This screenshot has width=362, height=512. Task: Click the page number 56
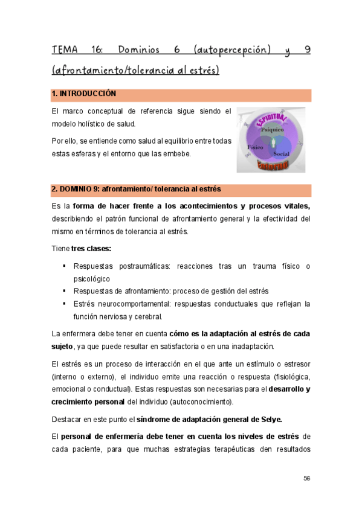[x=306, y=478]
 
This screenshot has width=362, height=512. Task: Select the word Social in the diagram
[x=281, y=154]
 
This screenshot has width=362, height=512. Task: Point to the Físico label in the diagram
[x=254, y=147]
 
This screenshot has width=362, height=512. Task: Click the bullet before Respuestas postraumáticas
[x=63, y=266]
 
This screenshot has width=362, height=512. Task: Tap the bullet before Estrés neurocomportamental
[x=63, y=303]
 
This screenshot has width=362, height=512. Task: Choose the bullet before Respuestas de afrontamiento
[x=63, y=291]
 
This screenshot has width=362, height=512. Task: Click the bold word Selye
[x=269, y=420]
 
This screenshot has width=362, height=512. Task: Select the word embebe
[x=175, y=153]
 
